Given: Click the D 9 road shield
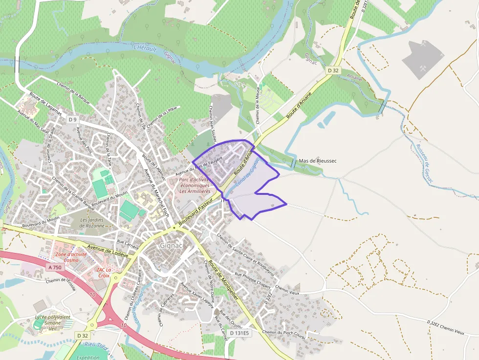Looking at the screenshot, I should [72, 120].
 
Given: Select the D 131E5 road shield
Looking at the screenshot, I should [239, 333].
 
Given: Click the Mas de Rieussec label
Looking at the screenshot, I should [318, 160].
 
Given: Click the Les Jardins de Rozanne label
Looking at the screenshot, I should [92, 223].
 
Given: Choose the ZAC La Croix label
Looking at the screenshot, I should [103, 272].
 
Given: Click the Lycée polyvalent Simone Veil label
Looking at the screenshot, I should [52, 323].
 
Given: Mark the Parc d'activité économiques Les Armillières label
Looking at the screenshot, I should [195, 185].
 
